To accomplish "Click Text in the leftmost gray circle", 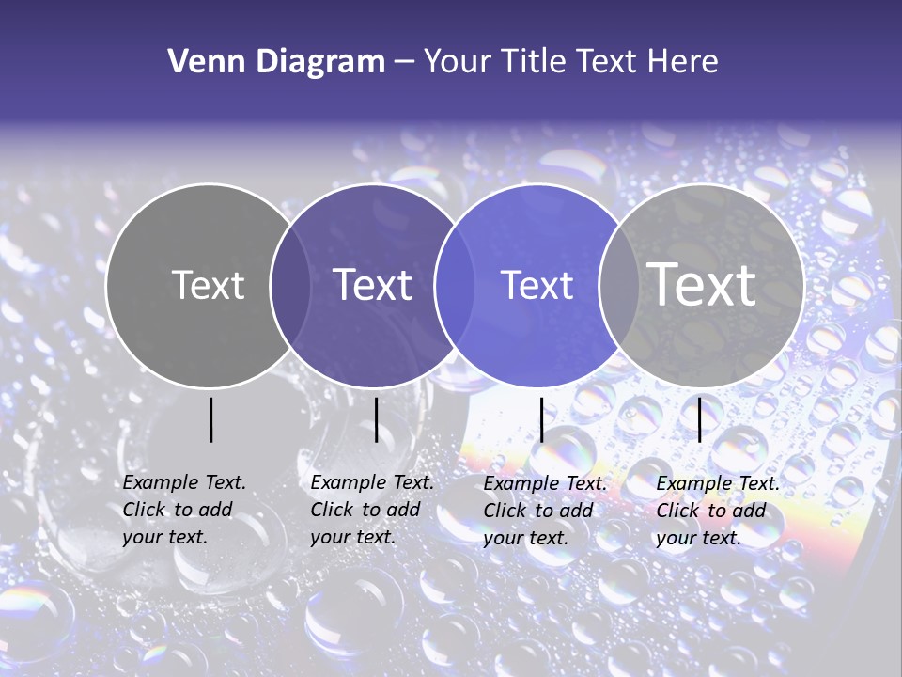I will tap(208, 285).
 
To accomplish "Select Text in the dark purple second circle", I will tap(373, 285).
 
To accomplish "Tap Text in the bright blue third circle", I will tap(537, 285).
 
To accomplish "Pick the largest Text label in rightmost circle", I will tap(702, 284).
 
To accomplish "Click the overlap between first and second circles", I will tap(290, 285).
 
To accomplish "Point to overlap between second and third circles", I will tap(455, 285).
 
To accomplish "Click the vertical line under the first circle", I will tap(211, 419).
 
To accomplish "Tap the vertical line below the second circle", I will tap(376, 419).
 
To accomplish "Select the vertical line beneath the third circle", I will tap(541, 419).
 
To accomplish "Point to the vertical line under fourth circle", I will tap(699, 419).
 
